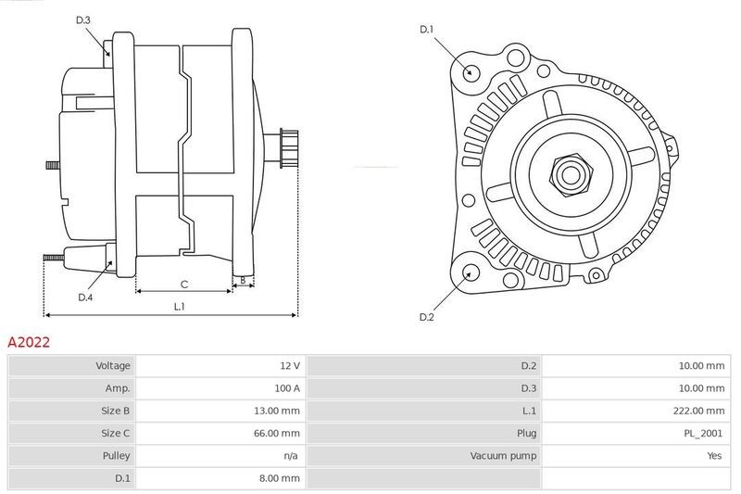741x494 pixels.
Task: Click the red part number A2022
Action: (29, 342)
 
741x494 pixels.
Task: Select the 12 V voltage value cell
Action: (290, 365)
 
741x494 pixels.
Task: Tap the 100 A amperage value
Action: (287, 388)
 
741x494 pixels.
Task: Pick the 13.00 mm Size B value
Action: (276, 411)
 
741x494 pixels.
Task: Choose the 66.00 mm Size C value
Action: (276, 433)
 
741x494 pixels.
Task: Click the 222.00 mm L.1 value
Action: (698, 411)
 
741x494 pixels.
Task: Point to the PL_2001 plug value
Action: (703, 433)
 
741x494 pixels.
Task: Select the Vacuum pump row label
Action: (503, 456)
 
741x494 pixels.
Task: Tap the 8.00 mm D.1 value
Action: (280, 478)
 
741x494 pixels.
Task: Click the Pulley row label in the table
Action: (116, 456)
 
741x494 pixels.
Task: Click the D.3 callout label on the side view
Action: (83, 19)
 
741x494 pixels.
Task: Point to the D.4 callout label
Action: (85, 298)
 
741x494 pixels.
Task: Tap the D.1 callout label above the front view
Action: (427, 30)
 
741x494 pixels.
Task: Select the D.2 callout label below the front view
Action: (427, 317)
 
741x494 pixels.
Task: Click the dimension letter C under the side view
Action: (184, 285)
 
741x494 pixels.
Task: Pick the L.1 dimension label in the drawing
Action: (179, 307)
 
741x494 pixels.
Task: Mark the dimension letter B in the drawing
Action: (243, 280)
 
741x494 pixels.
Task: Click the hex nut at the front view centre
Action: (571, 175)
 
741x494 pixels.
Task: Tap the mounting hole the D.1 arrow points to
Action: (471, 72)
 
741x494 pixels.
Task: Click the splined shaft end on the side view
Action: (289, 148)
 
